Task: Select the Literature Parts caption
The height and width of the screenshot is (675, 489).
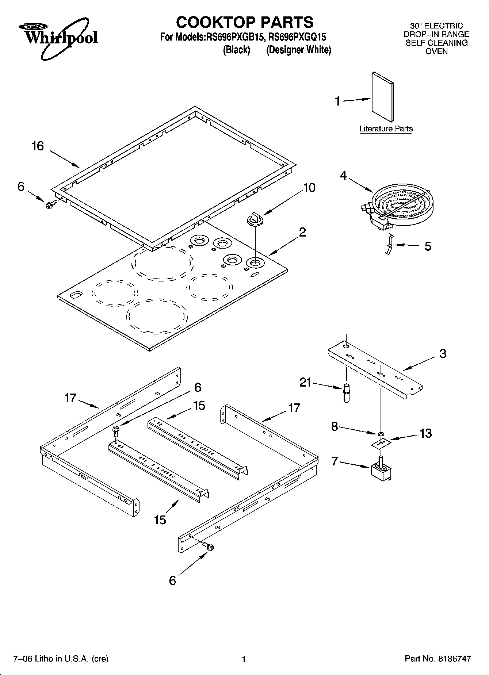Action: coord(386,129)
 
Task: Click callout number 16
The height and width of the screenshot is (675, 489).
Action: coord(38,146)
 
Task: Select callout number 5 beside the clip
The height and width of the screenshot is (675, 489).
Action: coord(428,246)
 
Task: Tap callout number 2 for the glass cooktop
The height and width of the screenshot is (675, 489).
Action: coord(302,232)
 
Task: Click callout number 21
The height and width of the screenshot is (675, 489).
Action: coord(305,382)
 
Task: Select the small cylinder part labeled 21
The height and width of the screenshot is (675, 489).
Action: coord(346,392)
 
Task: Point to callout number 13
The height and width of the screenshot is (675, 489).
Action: coord(425,433)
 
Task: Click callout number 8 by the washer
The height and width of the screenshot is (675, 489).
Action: coord(335,426)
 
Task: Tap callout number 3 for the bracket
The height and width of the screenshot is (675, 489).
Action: coord(443,353)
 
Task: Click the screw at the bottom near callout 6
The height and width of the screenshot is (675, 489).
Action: coord(208,546)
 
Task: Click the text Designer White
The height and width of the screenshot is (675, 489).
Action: coord(298,50)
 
